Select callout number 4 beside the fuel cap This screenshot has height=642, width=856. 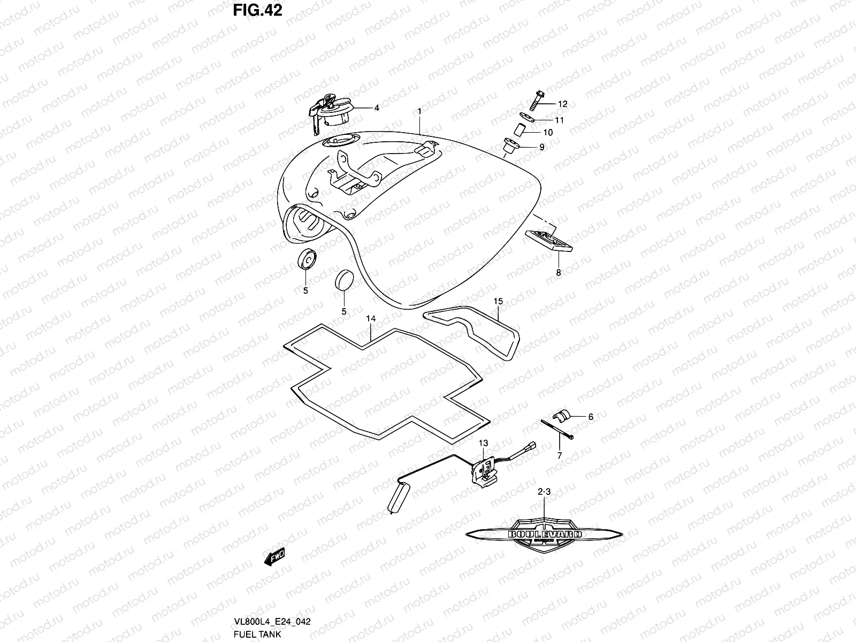(x=377, y=108)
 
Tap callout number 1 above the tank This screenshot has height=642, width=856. (x=420, y=111)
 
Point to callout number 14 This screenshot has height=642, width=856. (x=371, y=319)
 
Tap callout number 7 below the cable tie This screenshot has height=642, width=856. (x=560, y=456)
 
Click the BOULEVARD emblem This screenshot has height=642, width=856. (x=545, y=533)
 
